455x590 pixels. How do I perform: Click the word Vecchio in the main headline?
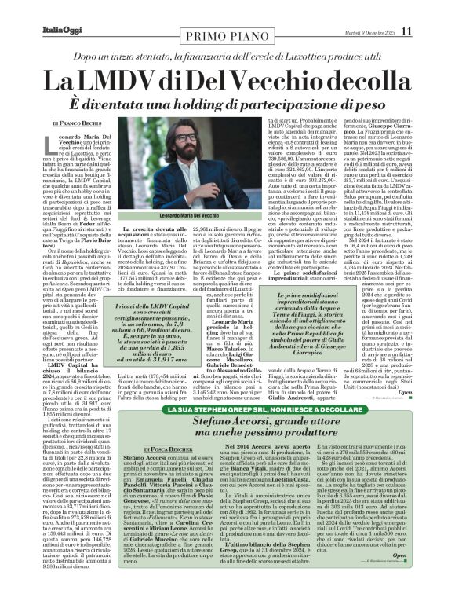coord(269,80)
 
